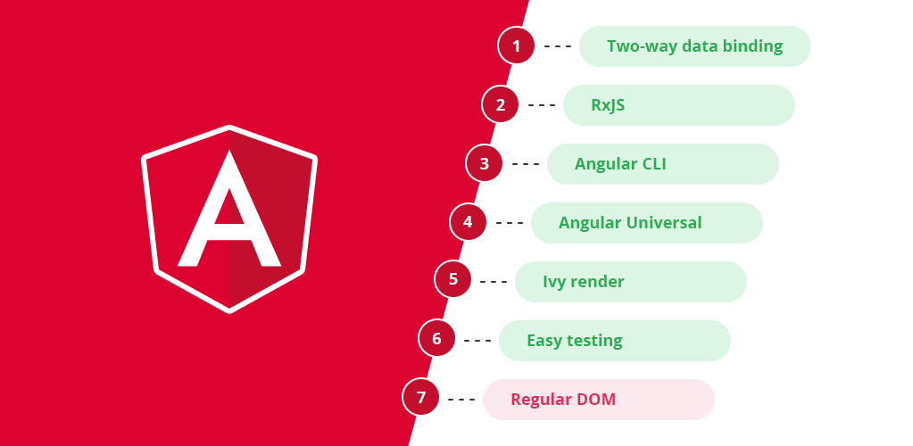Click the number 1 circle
517,45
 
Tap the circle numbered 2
501,104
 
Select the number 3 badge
485,163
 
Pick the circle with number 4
469,222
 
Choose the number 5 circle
452,280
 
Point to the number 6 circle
436,339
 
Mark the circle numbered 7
420,398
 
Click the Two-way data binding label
694,46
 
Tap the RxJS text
608,105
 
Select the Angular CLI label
620,164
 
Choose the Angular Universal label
630,223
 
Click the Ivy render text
584,282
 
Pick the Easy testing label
575,341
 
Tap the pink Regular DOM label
563,400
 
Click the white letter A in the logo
228,214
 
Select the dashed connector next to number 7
461,399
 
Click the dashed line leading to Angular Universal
509,223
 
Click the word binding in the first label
753,46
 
